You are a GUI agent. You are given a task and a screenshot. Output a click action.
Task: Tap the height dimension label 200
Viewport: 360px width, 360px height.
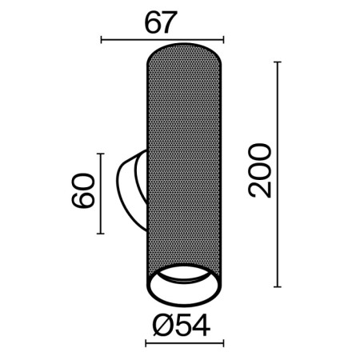261,171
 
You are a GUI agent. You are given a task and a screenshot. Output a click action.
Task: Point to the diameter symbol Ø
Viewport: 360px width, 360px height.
158,326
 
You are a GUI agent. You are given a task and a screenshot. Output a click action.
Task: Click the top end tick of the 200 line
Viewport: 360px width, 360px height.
278,61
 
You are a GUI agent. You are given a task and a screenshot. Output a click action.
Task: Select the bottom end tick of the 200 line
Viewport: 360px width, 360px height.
278,286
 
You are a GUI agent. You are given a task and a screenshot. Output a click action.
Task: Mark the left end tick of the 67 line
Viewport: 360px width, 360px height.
101,38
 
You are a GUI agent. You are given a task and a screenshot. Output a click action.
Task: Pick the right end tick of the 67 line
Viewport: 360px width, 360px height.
223,38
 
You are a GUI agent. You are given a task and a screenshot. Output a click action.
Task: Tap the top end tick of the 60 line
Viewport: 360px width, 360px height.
100,154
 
